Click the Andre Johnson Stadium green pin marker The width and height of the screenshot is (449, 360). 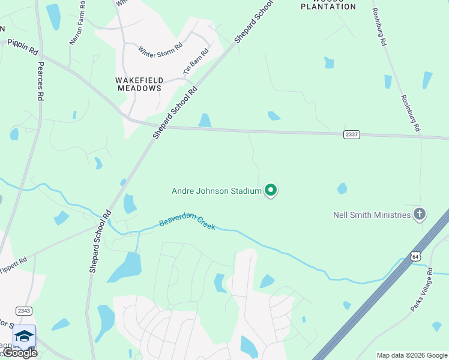[271, 190]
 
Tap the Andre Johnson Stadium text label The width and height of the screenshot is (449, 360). [217, 191]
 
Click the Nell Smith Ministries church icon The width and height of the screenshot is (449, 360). [420, 214]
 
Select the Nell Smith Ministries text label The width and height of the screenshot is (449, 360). [372, 215]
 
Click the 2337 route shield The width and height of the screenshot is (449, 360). [352, 134]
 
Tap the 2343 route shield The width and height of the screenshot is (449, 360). [23, 311]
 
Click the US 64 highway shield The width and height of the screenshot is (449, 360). [415, 256]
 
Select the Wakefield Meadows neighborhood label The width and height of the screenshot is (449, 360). [139, 83]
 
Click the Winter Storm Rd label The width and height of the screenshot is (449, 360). [160, 48]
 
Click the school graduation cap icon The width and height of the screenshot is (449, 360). [23, 336]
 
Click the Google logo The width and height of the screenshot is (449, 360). [20, 353]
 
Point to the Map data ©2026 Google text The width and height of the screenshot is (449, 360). [412, 355]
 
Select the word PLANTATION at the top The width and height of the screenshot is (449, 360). [328, 7]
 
